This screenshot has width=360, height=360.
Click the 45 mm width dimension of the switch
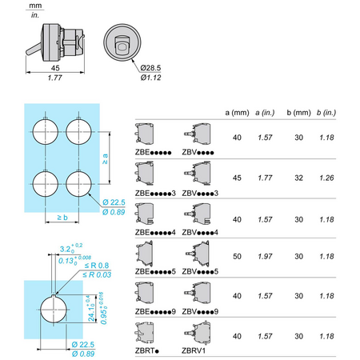[55, 68]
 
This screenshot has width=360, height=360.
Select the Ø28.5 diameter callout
[150, 68]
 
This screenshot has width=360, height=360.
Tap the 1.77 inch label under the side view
[55, 78]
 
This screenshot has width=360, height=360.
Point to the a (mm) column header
[237, 113]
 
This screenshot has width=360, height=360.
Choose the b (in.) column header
[326, 113]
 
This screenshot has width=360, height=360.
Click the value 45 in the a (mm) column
[237, 178]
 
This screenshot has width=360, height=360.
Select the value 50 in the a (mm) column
[237, 257]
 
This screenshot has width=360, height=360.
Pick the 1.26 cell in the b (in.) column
[326, 178]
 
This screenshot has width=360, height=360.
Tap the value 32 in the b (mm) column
[299, 178]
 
